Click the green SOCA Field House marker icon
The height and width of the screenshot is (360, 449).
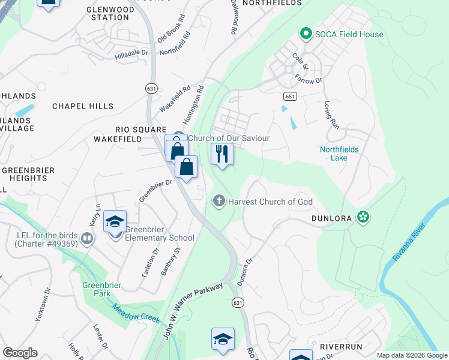pyautogui.click(x=306, y=34)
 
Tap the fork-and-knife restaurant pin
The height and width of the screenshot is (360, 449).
pyautogui.click(x=222, y=154)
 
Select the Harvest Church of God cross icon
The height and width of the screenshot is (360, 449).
pyautogui.click(x=220, y=202)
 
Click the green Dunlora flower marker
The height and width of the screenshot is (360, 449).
pyautogui.click(x=363, y=217)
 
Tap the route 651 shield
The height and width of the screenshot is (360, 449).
pyautogui.click(x=290, y=96)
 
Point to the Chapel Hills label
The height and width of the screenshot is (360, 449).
pyautogui.click(x=83, y=106)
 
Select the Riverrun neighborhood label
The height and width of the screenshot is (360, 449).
pyautogui.click(x=340, y=347)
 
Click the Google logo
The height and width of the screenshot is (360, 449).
pyautogui.click(x=20, y=353)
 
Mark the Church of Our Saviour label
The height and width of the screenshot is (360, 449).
pyautogui.click(x=229, y=138)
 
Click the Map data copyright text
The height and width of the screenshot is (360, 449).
pyautogui.click(x=411, y=355)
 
